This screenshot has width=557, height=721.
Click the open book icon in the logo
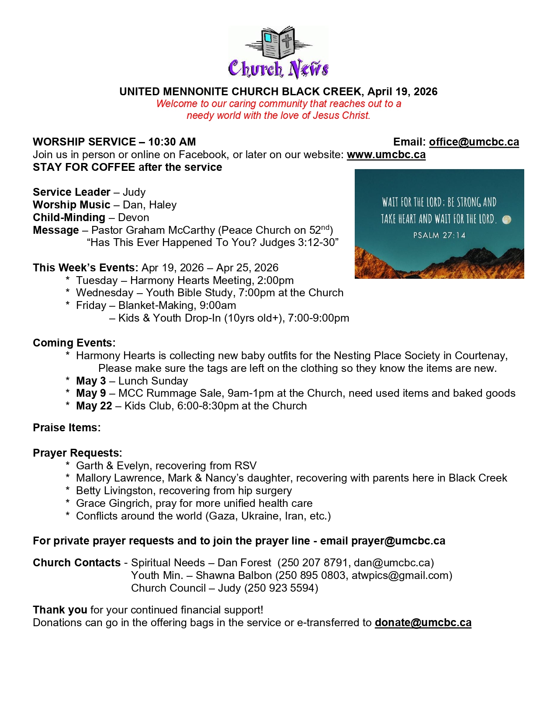(279, 43)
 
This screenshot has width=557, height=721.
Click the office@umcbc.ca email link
(474, 142)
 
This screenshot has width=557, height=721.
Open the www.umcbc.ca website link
(386, 155)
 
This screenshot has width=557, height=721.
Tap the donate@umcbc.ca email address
(423, 623)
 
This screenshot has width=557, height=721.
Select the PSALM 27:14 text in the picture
(439, 236)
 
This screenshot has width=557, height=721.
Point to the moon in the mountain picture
(507, 219)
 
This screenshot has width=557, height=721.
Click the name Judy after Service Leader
(134, 192)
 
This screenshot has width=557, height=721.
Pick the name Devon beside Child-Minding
(133, 218)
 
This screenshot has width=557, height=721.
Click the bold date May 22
(94, 406)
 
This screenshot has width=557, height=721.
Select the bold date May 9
(91, 393)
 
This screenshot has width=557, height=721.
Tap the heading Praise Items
(66, 428)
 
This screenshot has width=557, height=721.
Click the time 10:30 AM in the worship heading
(172, 142)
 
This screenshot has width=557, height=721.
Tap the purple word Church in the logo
(256, 69)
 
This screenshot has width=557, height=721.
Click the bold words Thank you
(60, 610)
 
